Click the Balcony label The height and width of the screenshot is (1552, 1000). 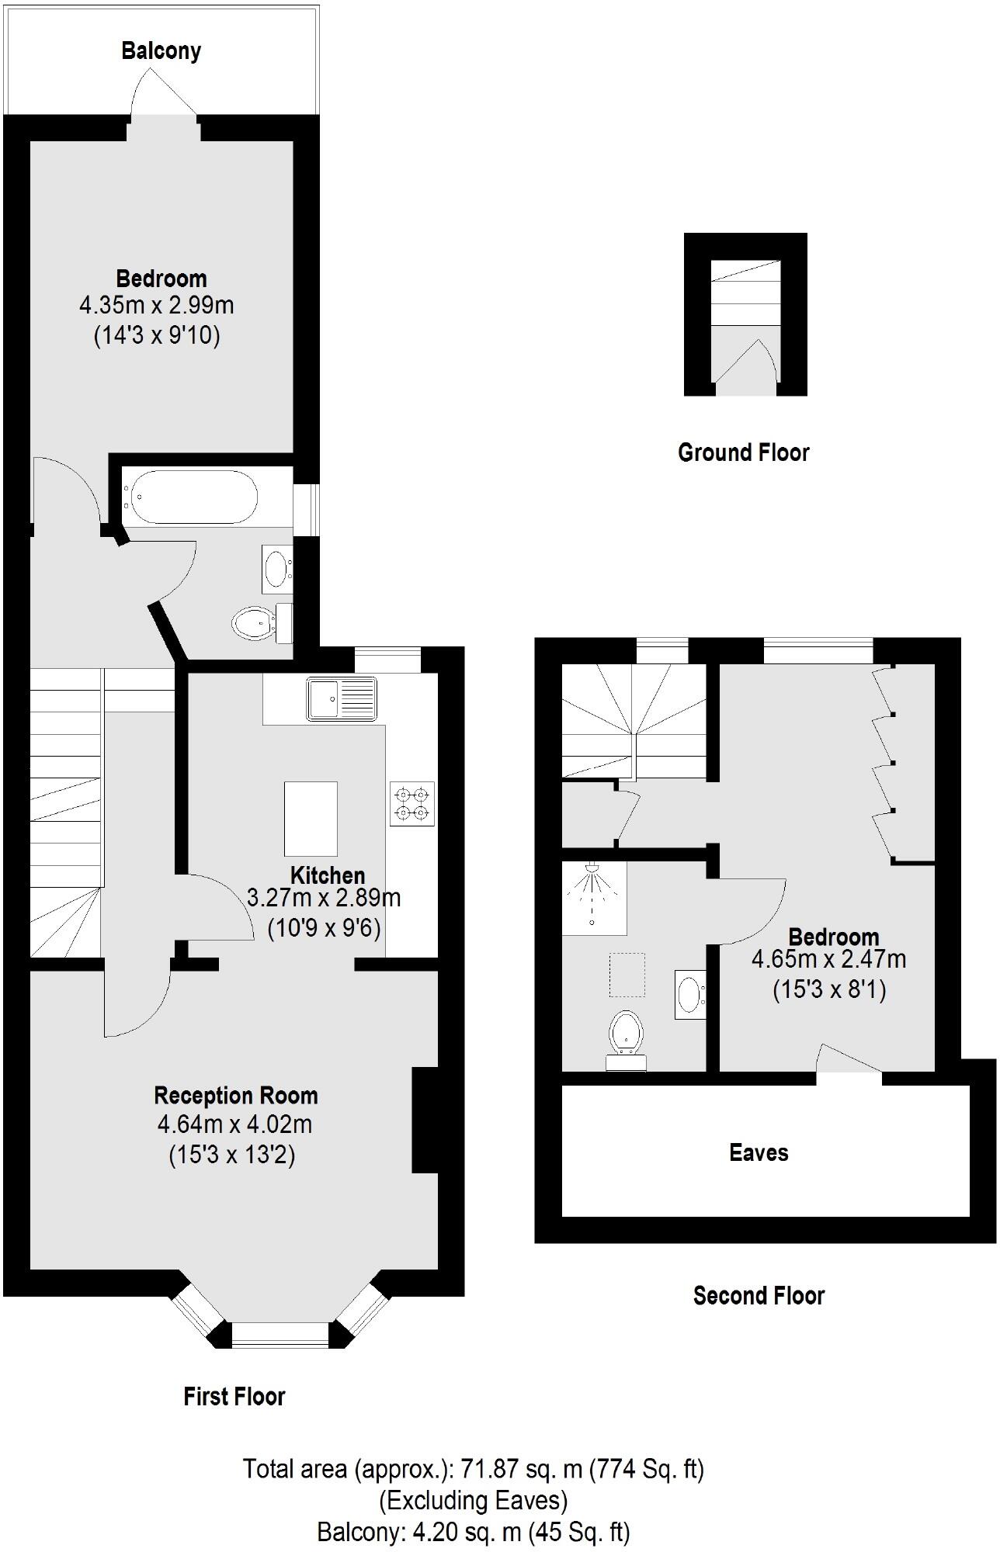161,51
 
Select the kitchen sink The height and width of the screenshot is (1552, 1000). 341,698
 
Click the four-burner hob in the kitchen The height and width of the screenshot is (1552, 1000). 412,804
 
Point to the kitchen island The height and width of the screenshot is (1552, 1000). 311,818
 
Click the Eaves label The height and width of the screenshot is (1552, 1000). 759,1152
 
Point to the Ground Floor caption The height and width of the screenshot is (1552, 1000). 743,452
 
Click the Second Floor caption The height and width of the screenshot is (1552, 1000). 759,1295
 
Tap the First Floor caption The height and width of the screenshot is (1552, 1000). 234,1397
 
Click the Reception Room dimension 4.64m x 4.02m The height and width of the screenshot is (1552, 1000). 234,1124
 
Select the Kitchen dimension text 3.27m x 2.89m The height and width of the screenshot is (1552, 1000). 324,898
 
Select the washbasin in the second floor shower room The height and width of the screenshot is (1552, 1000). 689,994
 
